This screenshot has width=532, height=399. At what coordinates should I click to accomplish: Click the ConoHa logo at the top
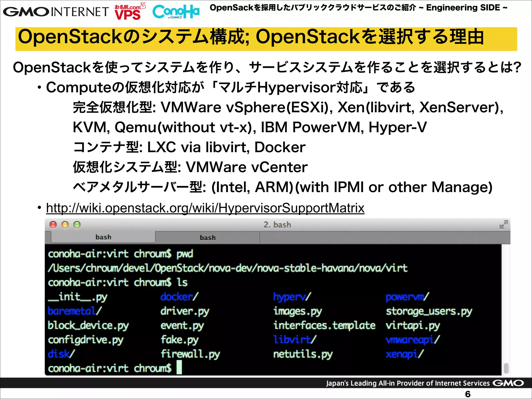click(176, 12)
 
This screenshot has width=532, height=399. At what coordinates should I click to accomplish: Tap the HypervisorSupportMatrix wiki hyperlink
click(205, 208)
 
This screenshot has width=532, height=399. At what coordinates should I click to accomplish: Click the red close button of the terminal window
click(53, 224)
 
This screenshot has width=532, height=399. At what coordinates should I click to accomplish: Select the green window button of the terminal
click(77, 224)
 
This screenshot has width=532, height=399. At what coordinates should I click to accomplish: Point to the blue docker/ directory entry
click(179, 297)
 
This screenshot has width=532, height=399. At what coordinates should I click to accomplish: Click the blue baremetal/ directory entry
click(74, 311)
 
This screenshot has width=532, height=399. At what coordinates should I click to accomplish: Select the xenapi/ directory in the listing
click(404, 354)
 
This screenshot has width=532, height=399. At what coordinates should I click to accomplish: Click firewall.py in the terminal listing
click(190, 354)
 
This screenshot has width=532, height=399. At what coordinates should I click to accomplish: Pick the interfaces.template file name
click(324, 325)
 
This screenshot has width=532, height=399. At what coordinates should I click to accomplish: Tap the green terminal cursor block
click(179, 368)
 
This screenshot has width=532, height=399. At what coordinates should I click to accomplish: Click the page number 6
click(468, 394)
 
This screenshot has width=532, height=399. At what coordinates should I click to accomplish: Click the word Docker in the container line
click(280, 147)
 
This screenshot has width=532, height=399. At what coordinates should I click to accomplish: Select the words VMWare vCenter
click(247, 167)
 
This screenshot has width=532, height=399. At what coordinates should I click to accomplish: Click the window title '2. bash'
click(277, 225)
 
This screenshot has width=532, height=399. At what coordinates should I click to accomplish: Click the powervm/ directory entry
click(407, 297)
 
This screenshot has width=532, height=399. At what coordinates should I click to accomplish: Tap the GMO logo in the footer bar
click(508, 383)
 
